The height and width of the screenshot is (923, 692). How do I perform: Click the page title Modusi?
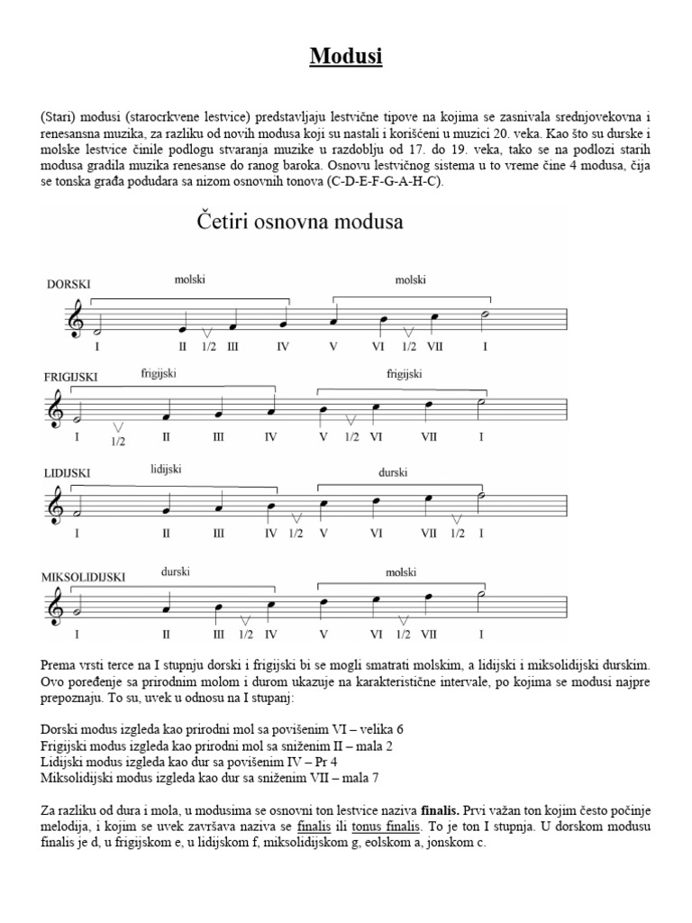(x=346, y=57)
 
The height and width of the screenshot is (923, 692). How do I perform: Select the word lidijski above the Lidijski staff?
(x=167, y=469)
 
